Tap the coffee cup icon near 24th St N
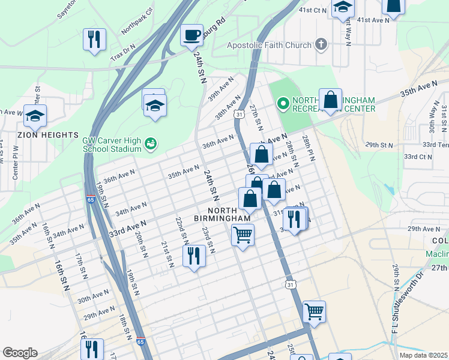(191, 35)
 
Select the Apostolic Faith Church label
(270, 45)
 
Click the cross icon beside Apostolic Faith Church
(322, 44)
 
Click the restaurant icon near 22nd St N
(194, 256)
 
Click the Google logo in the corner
(20, 352)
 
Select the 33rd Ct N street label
(417, 157)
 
